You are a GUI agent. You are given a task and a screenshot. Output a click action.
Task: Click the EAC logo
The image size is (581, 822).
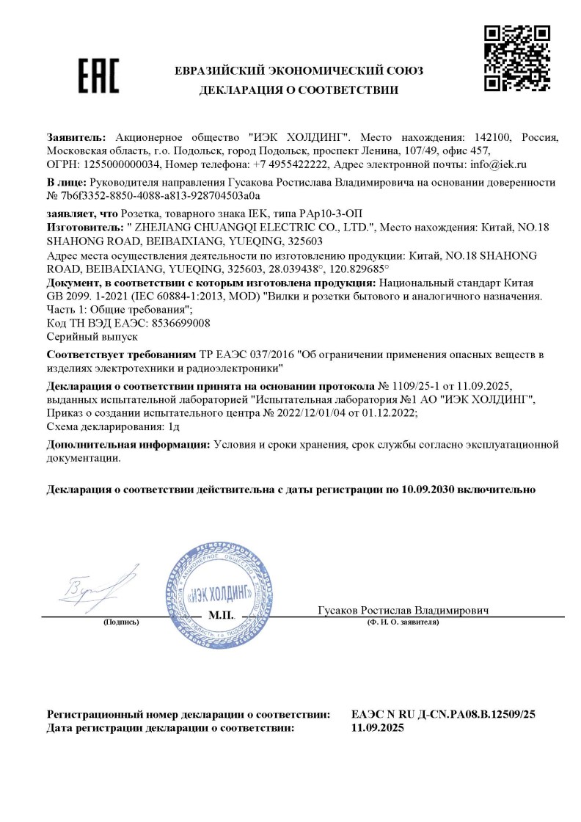click(x=98, y=76)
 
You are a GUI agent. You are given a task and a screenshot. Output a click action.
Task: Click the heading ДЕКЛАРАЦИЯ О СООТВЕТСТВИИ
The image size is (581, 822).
click(x=299, y=90)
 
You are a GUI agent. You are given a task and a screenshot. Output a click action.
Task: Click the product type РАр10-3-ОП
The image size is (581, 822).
click(x=290, y=214)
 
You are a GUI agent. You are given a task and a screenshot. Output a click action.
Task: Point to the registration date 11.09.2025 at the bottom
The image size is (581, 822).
click(x=378, y=728)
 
